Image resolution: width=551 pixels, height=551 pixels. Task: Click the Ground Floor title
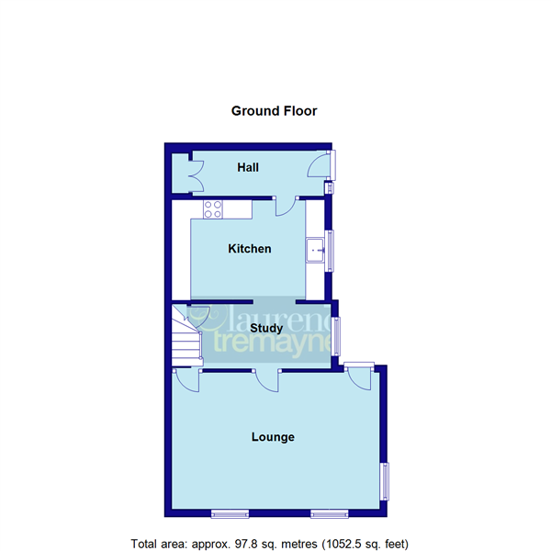coord(274,111)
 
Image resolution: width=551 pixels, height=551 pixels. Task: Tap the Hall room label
coord(248,168)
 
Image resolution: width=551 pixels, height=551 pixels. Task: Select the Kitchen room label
coord(250,249)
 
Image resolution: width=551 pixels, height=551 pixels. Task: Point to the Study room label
coord(265,328)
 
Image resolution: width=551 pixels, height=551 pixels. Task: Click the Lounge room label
coord(273,437)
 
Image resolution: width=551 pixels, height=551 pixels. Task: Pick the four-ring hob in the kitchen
coord(213,208)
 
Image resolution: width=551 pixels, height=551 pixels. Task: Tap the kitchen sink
coord(316,248)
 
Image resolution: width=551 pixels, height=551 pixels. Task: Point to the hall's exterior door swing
coord(319,165)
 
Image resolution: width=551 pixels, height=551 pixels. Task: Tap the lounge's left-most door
coord(187,380)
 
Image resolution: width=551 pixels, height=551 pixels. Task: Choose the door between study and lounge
coord(267,379)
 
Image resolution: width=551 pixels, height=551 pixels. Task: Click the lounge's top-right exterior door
coord(358,377)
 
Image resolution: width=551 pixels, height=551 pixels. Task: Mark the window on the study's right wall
coord(337,335)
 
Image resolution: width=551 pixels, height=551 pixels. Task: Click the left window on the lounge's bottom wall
coord(230,512)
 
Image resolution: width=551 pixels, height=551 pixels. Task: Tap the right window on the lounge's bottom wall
coord(329,512)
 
